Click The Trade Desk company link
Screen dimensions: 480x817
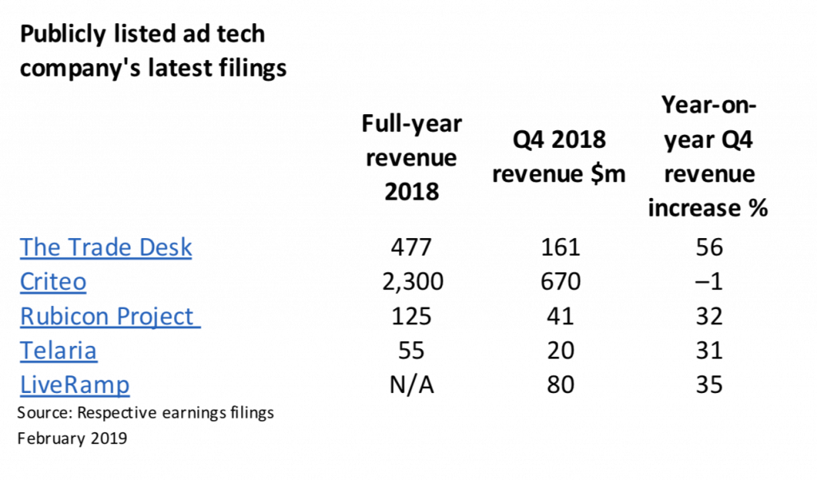click(106, 247)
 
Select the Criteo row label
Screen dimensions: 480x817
click(53, 281)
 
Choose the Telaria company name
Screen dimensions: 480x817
click(58, 351)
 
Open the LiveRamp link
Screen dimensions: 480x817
click(74, 385)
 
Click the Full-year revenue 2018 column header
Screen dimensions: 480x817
click(412, 157)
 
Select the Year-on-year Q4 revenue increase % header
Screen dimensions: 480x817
click(708, 157)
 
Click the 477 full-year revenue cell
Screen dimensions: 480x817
click(412, 247)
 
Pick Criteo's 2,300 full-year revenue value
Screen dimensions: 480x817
click(412, 281)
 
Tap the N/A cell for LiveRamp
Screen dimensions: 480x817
click(412, 385)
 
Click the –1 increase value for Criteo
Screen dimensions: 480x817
click(708, 281)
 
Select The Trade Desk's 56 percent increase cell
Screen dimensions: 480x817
click(708, 247)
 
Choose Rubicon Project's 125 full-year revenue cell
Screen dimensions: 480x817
click(412, 316)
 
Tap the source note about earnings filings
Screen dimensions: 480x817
click(146, 413)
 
